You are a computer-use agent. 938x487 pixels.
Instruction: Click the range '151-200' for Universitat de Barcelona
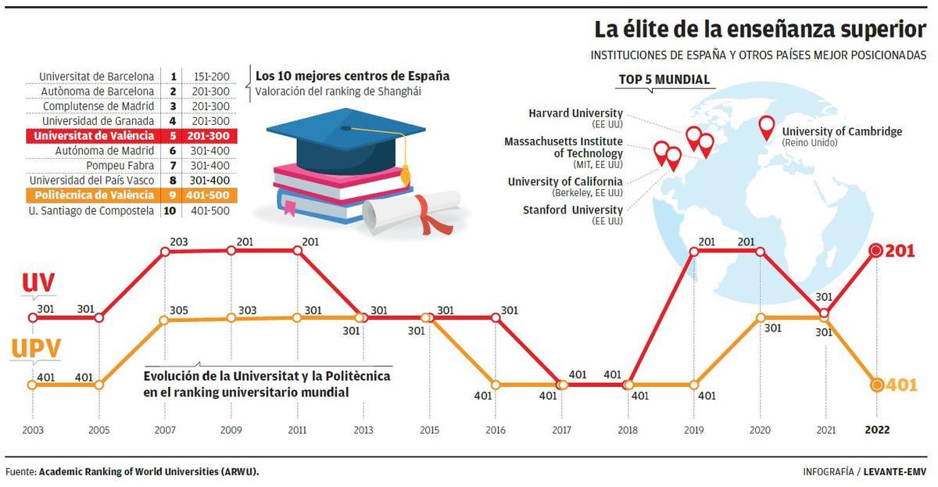(x=209, y=77)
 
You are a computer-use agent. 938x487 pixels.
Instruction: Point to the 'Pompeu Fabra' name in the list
(x=120, y=166)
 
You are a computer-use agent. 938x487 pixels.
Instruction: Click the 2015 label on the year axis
(x=429, y=430)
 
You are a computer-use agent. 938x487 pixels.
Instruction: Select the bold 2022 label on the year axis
(x=876, y=430)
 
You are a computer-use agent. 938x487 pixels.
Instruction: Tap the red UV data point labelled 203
(x=165, y=252)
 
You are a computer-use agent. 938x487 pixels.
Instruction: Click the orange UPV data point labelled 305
(x=165, y=320)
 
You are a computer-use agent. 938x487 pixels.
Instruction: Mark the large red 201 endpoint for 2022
(x=876, y=251)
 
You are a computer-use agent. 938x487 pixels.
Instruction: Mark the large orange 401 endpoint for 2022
(x=876, y=385)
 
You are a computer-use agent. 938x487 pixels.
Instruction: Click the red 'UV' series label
(x=38, y=286)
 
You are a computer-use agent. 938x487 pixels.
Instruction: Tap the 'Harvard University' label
(x=575, y=113)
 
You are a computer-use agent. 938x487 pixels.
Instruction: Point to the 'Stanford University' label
(x=572, y=209)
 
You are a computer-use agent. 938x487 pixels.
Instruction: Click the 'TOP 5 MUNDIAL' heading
(x=664, y=79)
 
